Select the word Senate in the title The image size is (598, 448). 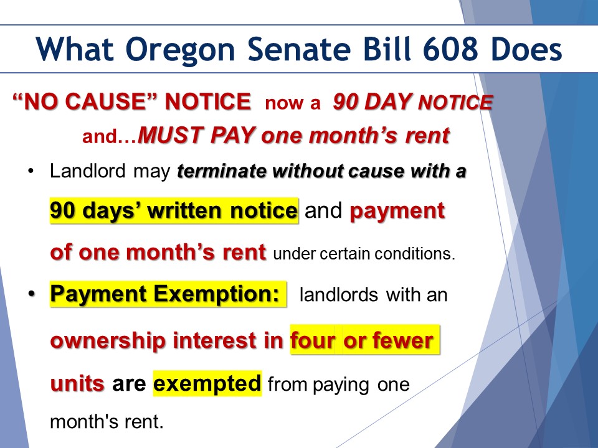pyautogui.click(x=299, y=49)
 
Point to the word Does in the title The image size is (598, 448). pyautogui.click(x=526, y=49)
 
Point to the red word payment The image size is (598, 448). pyautogui.click(x=397, y=212)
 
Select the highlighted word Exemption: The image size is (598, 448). pyautogui.click(x=217, y=295)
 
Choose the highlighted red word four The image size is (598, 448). pyautogui.click(x=313, y=340)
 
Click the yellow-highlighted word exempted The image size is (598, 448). pyautogui.click(x=207, y=384)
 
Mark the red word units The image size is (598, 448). pyautogui.click(x=77, y=383)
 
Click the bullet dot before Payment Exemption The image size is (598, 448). pyautogui.click(x=31, y=294)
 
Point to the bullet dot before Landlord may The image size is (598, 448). pyautogui.click(x=31, y=170)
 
